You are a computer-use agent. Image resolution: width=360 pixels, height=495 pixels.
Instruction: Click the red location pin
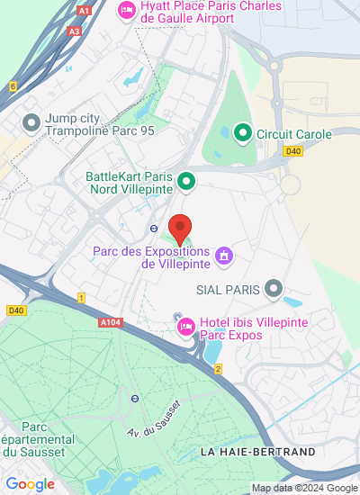(x=181, y=229)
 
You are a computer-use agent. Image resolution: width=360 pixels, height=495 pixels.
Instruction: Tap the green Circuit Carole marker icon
(x=242, y=134)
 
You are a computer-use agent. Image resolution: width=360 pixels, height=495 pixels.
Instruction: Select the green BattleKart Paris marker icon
(x=185, y=182)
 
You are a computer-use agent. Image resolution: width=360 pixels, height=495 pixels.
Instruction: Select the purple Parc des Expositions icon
(x=224, y=257)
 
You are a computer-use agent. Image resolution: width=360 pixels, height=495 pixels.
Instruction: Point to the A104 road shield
(x=108, y=321)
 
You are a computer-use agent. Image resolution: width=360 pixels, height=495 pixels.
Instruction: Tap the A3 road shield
(x=74, y=31)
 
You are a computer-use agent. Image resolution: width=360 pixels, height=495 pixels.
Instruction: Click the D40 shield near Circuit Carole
(x=292, y=151)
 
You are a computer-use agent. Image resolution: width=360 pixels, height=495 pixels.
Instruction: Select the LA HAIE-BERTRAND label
(x=257, y=451)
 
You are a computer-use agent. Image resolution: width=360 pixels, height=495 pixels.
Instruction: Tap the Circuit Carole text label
(x=294, y=135)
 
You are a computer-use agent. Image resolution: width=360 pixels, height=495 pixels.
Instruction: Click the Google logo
(x=30, y=484)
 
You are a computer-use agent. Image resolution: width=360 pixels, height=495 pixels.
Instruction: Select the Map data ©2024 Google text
(x=304, y=488)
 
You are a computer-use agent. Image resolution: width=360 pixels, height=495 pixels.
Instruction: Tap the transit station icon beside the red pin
(x=154, y=228)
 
